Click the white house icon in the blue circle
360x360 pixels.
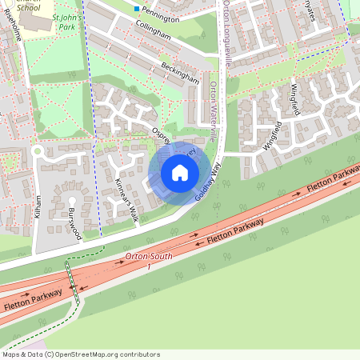click(180, 173)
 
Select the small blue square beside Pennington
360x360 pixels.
click(137, 9)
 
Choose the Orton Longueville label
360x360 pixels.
click(227, 32)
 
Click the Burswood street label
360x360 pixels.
click(74, 224)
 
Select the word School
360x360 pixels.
click(28, 7)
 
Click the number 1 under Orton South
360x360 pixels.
click(148, 266)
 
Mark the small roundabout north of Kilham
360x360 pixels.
click(36, 150)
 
